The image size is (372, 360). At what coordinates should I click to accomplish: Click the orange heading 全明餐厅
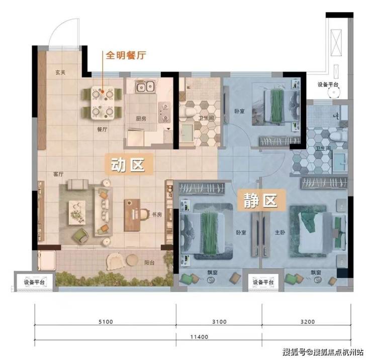[126, 55]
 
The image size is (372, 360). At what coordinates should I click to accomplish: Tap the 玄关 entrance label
[60, 72]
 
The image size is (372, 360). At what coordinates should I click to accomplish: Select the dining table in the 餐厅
[103, 103]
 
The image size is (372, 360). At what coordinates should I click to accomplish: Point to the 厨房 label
[141, 118]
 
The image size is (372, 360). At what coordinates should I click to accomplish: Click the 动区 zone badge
[128, 165]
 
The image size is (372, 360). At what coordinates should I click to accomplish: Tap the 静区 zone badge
[261, 200]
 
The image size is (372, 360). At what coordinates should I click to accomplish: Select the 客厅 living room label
[58, 174]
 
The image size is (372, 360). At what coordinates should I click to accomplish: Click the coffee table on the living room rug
[77, 212]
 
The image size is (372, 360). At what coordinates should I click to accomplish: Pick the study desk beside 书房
[132, 215]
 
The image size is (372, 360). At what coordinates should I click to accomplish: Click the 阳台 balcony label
[149, 263]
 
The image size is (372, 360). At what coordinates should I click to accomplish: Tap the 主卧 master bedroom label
[280, 232]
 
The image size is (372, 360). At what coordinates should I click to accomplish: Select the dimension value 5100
[106, 322]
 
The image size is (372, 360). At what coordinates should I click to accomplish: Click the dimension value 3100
[219, 322]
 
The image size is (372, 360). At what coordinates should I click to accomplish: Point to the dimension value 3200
[308, 322]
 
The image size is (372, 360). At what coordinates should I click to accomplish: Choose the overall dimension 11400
[199, 337]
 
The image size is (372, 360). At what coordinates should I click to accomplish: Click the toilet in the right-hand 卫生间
[338, 137]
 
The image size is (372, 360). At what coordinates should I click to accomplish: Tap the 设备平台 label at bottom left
[34, 282]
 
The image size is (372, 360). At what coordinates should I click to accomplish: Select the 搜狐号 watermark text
[294, 352]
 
